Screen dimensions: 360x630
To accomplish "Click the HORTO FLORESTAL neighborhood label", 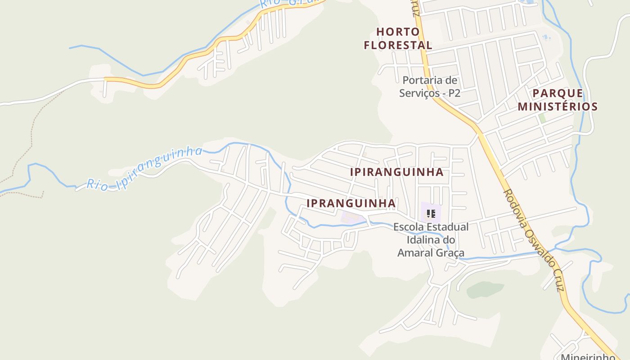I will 398,38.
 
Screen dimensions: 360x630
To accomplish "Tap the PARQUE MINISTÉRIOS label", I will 558,100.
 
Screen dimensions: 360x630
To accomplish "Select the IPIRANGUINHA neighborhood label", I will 397,172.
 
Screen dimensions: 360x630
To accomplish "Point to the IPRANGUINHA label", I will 351,203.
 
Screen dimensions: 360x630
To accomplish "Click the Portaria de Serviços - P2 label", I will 430,87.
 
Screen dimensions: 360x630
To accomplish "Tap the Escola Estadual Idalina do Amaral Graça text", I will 431,240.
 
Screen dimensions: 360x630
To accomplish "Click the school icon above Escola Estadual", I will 431,214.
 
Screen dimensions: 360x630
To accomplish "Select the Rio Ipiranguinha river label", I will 144,169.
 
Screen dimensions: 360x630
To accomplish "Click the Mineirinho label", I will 588,357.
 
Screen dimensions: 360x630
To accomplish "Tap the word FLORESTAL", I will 398,45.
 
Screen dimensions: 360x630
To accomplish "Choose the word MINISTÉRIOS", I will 558,107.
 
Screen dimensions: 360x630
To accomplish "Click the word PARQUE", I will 558,94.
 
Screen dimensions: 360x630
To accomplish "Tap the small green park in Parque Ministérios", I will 542,118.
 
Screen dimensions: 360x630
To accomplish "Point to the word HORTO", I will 398,31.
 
